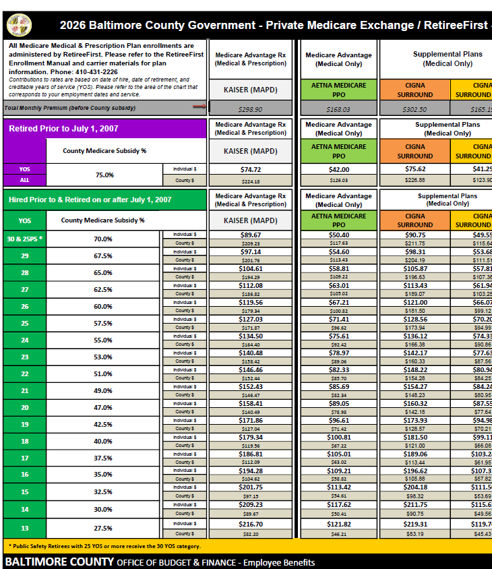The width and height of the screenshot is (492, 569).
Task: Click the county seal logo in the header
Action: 19,25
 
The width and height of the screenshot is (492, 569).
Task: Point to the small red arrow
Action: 199,106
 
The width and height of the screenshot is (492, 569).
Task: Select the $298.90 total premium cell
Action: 250,109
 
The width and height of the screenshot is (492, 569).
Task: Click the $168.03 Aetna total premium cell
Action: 338,109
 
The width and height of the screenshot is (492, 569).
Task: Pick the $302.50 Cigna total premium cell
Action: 414,109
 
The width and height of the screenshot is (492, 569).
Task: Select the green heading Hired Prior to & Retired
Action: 90,200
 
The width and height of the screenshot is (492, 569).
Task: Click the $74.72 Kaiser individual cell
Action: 250,169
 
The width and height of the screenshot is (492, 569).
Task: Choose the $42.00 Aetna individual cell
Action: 338,169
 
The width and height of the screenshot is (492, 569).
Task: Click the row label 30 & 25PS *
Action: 24,239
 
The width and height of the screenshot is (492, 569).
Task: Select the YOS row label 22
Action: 24,373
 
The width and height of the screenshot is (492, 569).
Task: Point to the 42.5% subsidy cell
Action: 103,424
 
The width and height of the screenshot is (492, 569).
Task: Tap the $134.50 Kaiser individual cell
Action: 250,336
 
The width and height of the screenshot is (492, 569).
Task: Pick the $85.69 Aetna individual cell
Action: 338,386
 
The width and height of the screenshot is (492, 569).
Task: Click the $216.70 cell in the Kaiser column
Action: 250,523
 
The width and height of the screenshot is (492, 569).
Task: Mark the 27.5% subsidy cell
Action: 103,528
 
